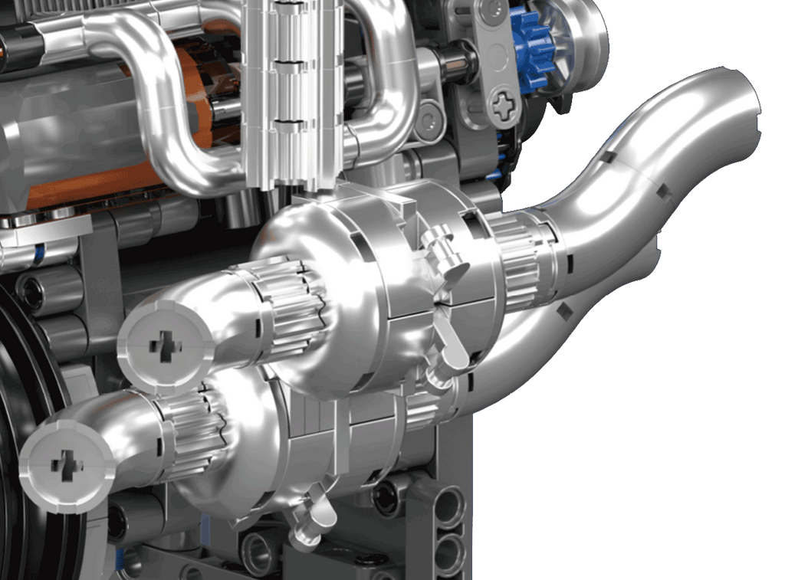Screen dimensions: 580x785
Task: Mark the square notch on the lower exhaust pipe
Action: click(x=565, y=310)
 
